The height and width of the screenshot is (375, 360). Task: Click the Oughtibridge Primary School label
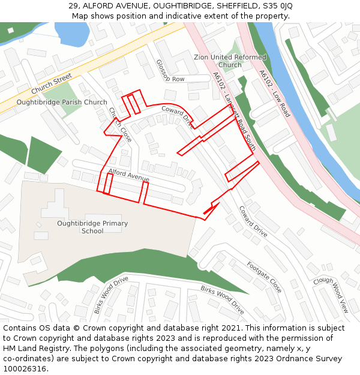[92, 227]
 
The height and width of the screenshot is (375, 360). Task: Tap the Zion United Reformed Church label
[230, 61]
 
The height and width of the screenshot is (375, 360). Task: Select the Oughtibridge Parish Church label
[62, 102]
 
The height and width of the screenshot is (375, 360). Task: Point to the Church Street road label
[52, 83]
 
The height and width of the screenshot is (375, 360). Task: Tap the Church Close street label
[120, 124]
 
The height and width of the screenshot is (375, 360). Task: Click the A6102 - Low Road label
[275, 94]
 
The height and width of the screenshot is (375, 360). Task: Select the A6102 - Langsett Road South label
[235, 111]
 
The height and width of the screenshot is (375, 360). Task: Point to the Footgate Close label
[264, 277]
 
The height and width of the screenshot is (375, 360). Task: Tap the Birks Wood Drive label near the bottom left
[111, 295]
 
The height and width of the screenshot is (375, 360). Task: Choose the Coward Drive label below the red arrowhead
[253, 221]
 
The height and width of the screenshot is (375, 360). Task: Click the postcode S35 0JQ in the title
[278, 6]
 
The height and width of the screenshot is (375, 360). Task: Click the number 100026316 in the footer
[26, 369]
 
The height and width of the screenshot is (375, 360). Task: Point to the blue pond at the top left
[71, 34]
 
